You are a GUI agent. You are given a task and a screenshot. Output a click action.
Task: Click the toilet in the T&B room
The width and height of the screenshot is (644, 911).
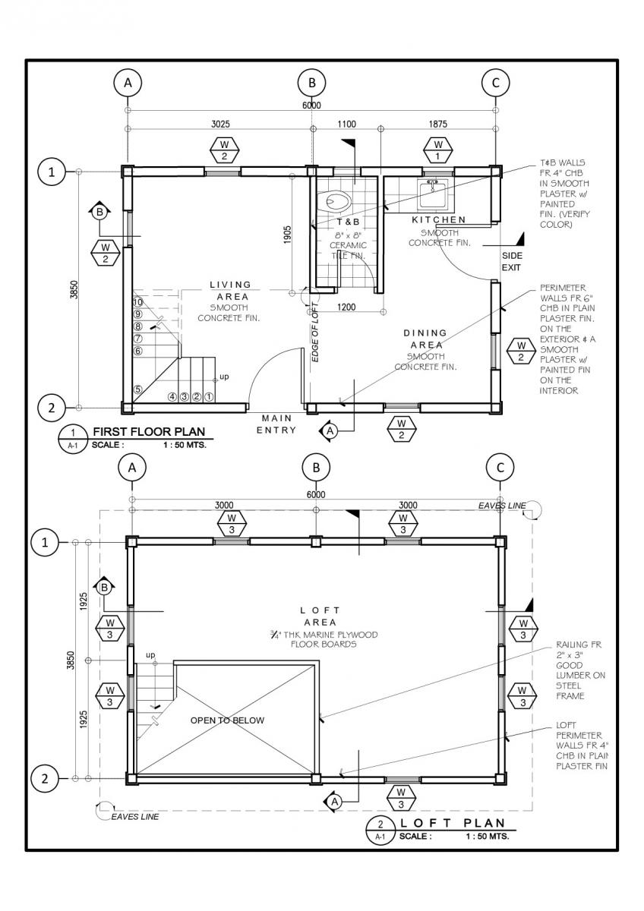point(339,200)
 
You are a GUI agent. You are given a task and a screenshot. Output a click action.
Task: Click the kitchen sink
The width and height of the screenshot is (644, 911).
point(432,194)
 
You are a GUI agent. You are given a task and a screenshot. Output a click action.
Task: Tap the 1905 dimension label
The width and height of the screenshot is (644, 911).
point(287,235)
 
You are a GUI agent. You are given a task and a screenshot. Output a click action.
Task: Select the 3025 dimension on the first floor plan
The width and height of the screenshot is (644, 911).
point(220,124)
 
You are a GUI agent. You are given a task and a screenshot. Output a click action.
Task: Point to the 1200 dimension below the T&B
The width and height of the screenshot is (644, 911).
point(346,307)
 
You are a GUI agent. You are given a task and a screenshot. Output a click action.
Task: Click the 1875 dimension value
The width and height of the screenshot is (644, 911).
point(437,124)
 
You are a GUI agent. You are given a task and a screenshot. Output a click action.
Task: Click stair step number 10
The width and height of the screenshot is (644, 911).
point(138,302)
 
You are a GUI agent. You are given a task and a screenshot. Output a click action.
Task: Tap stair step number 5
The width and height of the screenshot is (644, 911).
point(138,389)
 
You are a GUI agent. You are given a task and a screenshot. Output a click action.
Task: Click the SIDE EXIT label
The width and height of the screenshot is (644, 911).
point(511,261)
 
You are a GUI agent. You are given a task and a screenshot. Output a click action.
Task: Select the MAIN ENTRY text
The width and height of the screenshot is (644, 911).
point(276,424)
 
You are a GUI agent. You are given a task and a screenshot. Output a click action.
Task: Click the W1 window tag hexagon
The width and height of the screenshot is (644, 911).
point(437,150)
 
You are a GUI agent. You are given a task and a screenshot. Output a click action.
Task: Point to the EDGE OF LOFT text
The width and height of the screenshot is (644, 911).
point(315,333)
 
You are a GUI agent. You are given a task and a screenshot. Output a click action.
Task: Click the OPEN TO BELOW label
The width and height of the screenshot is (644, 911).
point(227,732)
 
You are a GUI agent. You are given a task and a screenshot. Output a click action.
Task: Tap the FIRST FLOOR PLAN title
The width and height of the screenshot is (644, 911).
point(149,431)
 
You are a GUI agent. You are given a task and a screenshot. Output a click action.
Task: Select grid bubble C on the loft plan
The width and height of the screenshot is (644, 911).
point(500,468)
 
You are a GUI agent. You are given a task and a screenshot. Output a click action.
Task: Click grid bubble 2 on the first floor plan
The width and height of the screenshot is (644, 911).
point(51,408)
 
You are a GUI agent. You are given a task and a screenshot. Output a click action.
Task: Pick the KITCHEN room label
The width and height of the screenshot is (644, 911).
point(438,219)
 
